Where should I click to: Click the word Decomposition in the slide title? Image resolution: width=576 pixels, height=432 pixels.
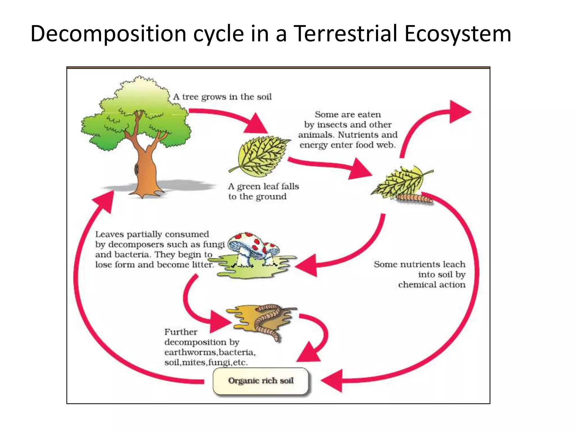tap(108, 34)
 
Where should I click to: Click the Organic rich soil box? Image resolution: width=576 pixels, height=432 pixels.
tap(261, 381)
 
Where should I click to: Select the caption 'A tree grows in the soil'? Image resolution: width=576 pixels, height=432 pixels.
tap(222, 97)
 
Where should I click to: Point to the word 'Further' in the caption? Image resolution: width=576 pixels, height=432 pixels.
tap(181, 332)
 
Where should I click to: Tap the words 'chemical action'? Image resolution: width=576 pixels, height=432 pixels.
tap(432, 285)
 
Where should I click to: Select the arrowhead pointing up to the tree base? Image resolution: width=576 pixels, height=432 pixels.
tap(105, 201)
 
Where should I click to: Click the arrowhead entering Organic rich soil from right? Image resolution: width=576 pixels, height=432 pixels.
tap(332, 381)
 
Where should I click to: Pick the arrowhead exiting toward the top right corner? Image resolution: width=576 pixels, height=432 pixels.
tap(458, 112)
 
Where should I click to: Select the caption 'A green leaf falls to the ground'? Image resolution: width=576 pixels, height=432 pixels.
tap(263, 191)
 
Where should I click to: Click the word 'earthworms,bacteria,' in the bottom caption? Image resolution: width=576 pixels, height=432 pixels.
tap(210, 352)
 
